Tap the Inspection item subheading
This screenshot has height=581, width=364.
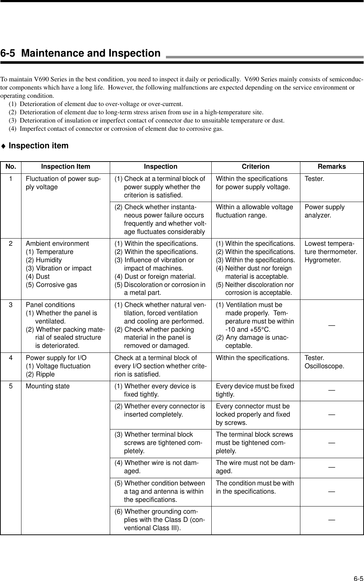tap(38, 146)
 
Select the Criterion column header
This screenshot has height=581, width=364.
tap(255, 167)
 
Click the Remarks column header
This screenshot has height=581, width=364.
tap(331, 167)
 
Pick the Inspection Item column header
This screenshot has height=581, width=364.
tap(65, 167)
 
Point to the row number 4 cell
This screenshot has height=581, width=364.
tap(11, 358)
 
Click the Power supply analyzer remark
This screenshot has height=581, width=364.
tap(324, 211)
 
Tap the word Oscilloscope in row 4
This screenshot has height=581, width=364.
tap(324, 366)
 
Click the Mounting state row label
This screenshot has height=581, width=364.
tap(48, 386)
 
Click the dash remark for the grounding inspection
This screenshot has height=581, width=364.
tap(332, 519)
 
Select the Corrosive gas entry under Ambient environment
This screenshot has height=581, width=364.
tap(51, 285)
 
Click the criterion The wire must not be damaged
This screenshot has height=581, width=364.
tap(255, 467)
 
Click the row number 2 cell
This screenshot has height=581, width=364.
tap(11, 244)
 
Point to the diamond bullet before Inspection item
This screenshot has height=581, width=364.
tap(3, 146)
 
